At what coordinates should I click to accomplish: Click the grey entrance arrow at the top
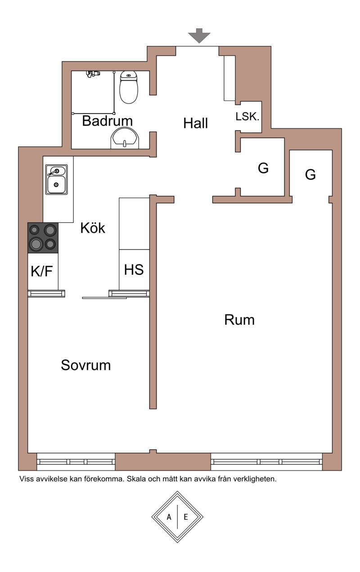(199, 35)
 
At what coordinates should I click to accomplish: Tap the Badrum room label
(108, 121)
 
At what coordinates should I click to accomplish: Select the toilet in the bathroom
(129, 87)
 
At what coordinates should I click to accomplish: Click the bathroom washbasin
(125, 138)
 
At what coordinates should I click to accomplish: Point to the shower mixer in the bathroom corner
(94, 74)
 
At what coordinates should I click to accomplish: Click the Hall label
(196, 123)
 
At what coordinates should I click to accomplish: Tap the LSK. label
(247, 117)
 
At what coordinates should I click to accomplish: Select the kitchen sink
(56, 179)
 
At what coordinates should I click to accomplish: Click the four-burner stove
(43, 237)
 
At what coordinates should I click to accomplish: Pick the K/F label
(42, 271)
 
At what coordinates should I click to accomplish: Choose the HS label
(134, 270)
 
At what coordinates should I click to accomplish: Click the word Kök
(93, 228)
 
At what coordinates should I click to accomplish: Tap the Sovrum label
(86, 365)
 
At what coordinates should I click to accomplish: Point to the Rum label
(239, 320)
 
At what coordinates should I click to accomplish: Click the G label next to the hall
(263, 168)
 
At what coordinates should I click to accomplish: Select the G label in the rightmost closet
(310, 175)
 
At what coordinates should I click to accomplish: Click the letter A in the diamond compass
(169, 517)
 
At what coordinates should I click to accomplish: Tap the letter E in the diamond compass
(185, 517)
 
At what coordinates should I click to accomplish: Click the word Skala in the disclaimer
(136, 479)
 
